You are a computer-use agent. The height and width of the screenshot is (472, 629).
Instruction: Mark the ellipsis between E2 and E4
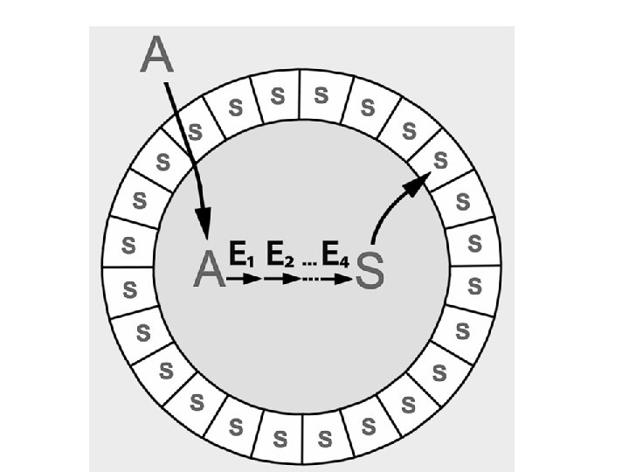coord(308,260)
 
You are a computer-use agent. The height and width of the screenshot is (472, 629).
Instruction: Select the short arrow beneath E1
coord(244,280)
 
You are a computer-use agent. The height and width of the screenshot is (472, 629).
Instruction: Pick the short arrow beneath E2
coord(281,280)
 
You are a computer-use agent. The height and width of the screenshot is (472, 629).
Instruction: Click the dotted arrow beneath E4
coord(328,280)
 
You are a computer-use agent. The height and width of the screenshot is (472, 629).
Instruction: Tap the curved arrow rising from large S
coord(389,205)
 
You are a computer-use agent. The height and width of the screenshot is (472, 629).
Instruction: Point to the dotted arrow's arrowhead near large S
coord(347,280)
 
